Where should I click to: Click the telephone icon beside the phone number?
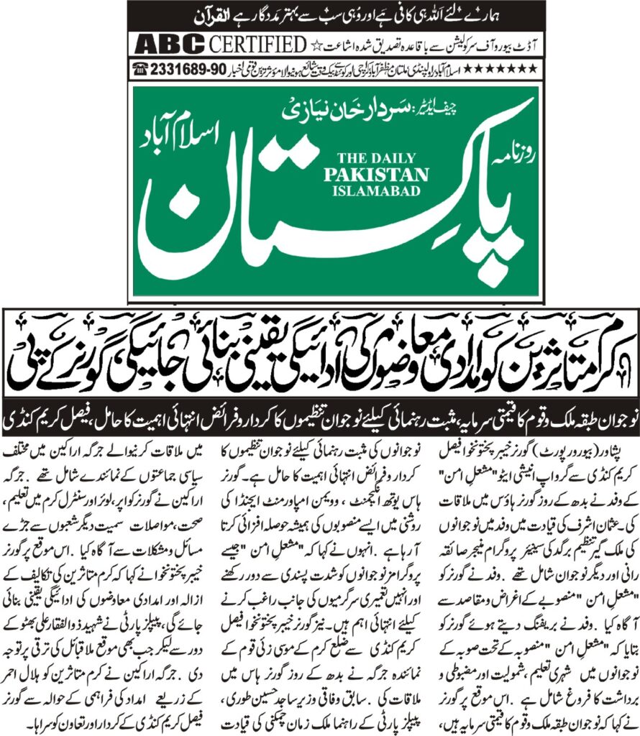tap(140, 68)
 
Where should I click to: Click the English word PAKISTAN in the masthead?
tap(386, 175)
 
